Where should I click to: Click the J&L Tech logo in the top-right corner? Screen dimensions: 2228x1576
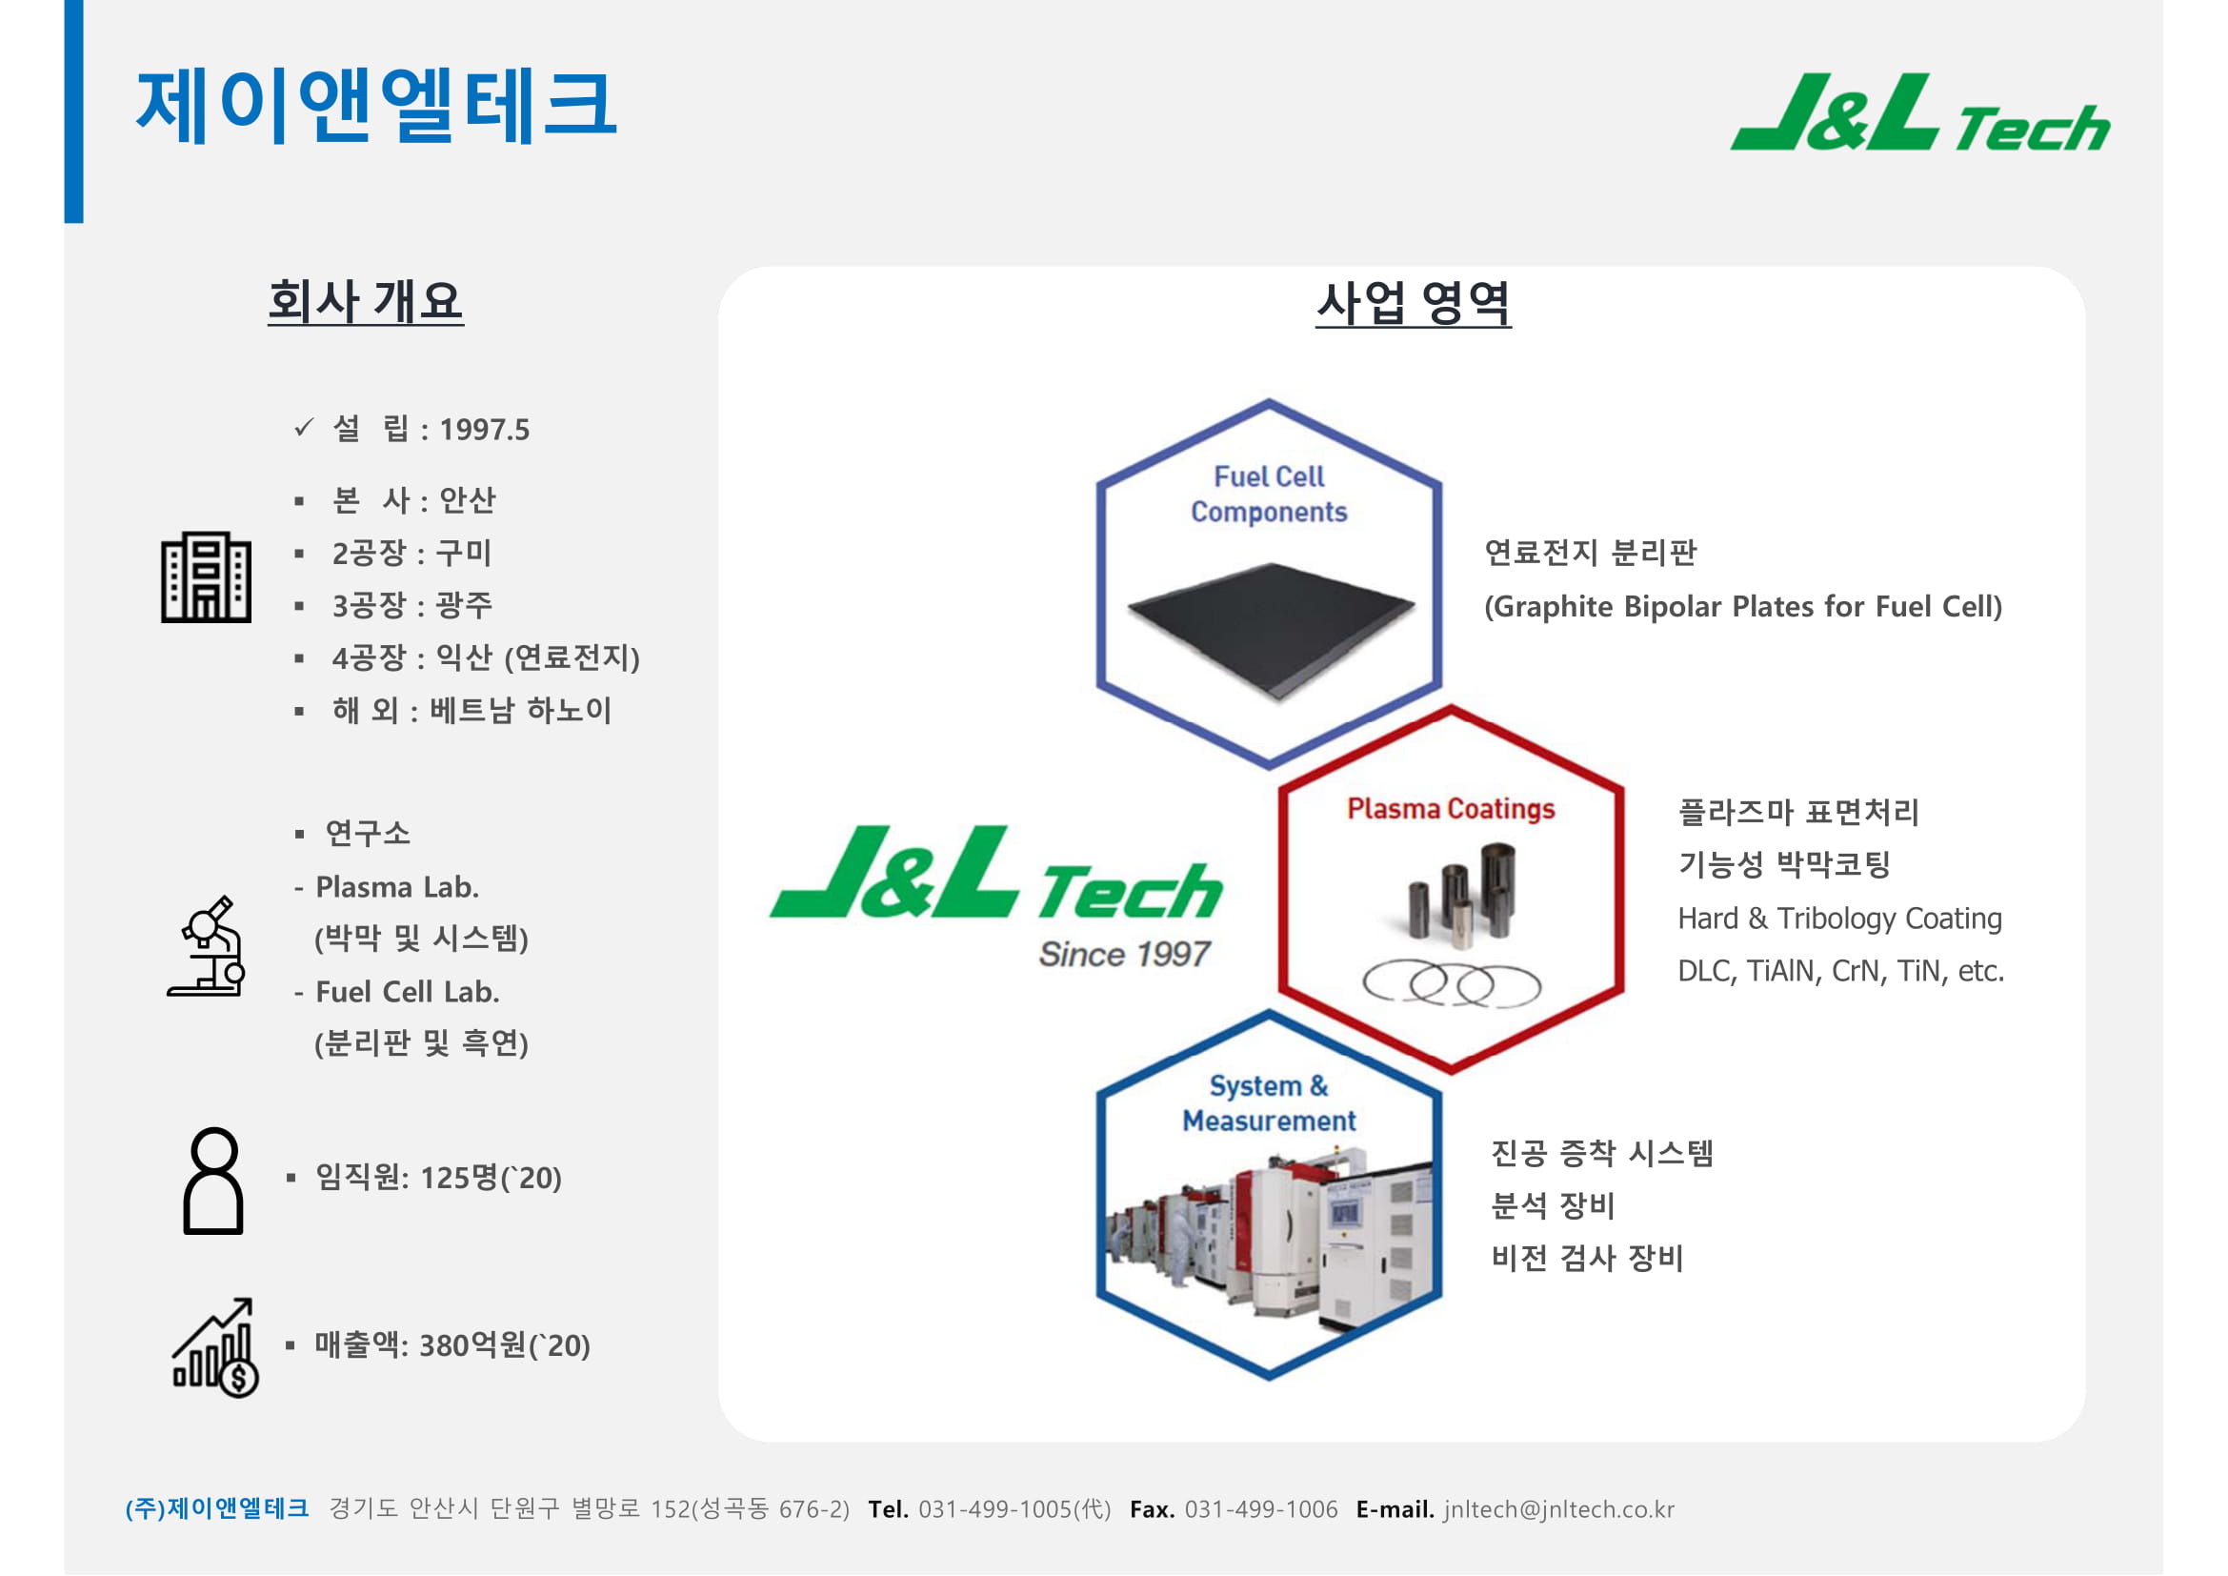coord(1919,112)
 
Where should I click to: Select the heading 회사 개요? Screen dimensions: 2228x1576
coord(366,301)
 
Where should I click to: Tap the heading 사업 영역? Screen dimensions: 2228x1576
coord(1413,303)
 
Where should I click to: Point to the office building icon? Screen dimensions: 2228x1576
coord(206,576)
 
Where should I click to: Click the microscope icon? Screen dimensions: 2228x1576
coord(206,946)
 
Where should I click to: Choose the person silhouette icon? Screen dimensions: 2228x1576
coord(212,1180)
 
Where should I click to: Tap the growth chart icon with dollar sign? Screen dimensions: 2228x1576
coord(214,1347)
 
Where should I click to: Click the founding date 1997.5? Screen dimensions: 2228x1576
coord(484,430)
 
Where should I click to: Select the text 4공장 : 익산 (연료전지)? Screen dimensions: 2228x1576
coord(485,658)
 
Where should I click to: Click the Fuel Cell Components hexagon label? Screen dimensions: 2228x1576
coord(1269,494)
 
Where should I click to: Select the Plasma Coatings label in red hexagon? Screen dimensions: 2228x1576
coord(1451,808)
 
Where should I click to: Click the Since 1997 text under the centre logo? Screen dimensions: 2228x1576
coord(1124,954)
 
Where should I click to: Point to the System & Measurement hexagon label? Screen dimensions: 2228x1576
coord(1268,1103)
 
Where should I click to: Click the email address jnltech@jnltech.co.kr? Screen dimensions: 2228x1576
coord(1558,1510)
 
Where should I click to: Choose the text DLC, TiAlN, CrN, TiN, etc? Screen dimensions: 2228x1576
coord(1841,971)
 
